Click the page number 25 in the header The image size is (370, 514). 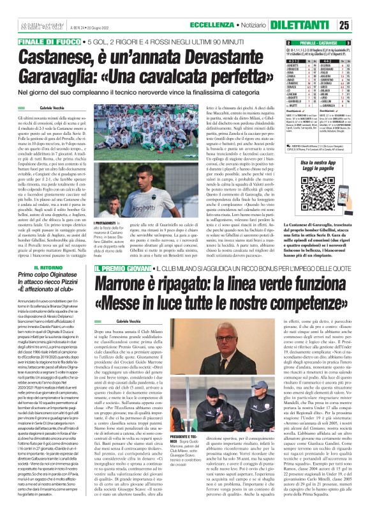[x=361, y=25]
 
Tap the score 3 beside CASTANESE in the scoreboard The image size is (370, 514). [x=366, y=42]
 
